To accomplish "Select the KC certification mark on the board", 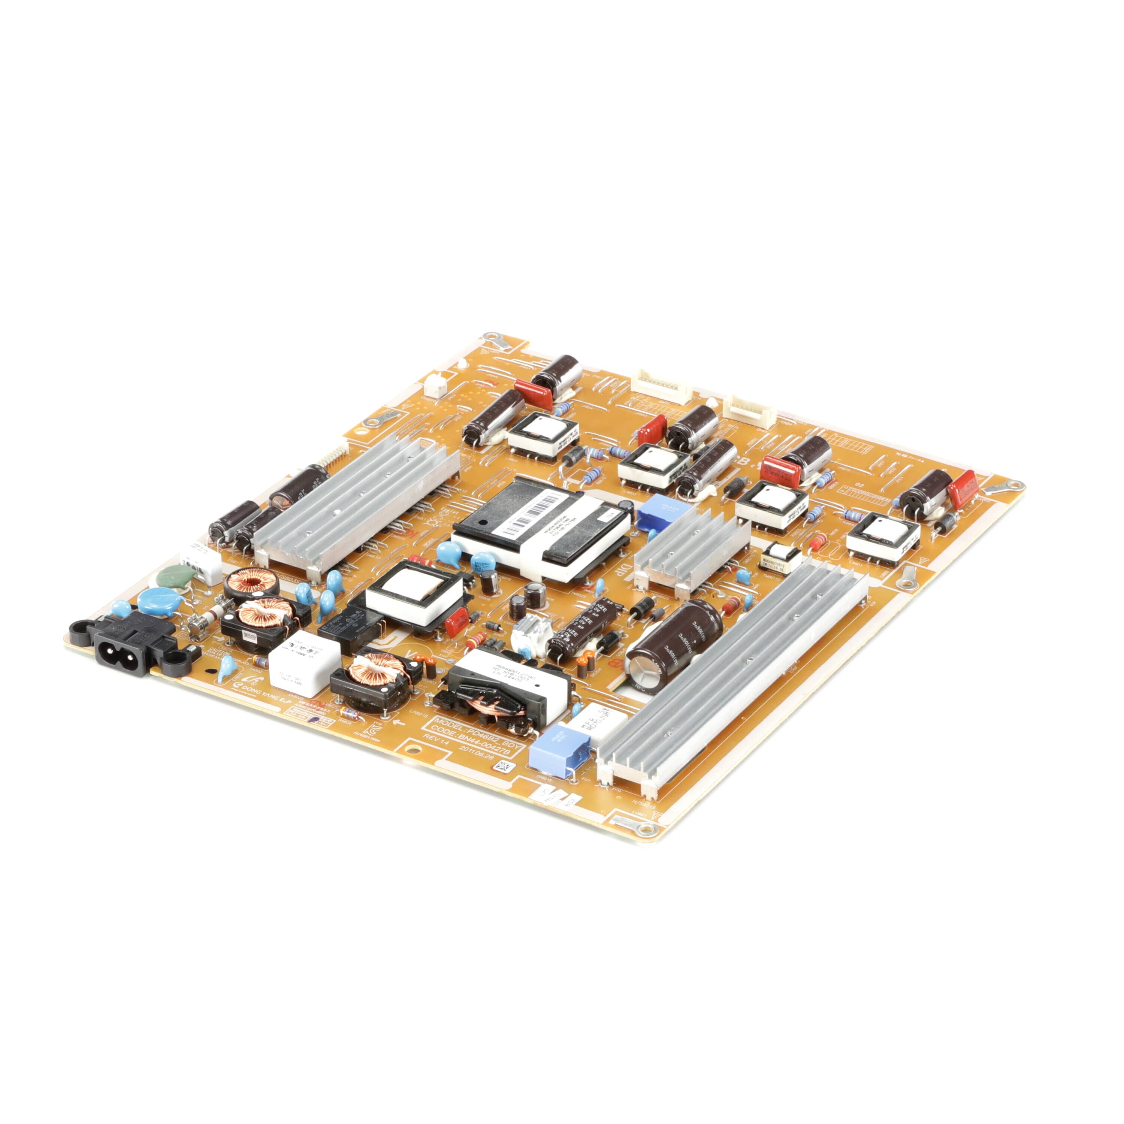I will click(368, 729).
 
